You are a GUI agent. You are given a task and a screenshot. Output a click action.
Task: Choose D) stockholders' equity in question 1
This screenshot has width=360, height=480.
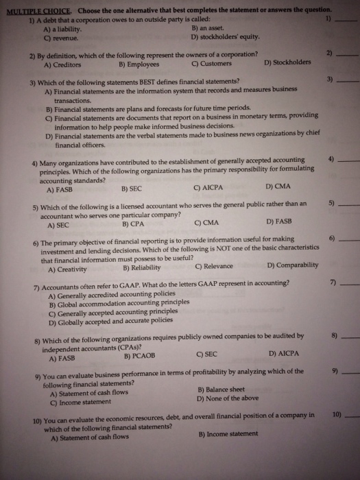pos(222,38)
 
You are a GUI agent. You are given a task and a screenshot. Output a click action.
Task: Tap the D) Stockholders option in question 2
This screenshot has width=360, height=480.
pos(287,62)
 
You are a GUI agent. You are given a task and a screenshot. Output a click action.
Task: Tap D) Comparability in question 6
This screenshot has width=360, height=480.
pos(292,265)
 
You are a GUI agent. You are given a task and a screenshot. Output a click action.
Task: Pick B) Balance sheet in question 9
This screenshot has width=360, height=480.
pos(228,389)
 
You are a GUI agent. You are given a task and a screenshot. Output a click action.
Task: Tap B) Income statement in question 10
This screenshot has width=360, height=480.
pos(228,434)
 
